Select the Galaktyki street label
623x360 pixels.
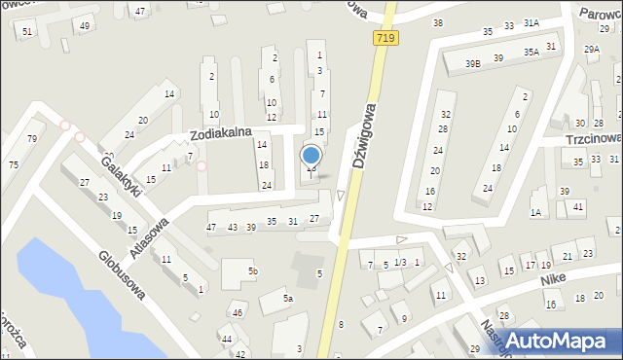124,176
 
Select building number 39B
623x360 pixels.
472,63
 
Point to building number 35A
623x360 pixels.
531,52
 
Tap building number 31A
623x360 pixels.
531,21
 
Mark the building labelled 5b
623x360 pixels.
252,270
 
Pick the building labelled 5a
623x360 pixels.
288,299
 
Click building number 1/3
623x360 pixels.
399,264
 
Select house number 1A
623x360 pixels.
535,212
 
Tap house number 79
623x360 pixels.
32,138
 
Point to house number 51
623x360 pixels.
26,32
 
